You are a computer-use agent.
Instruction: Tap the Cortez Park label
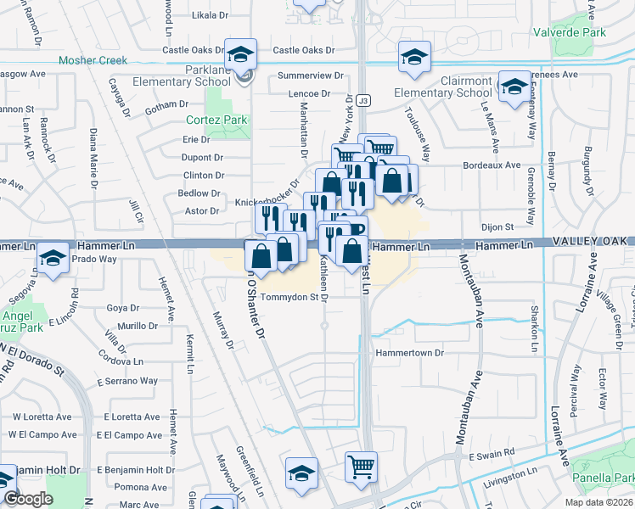(x=216, y=120)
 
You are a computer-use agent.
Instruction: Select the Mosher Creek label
(x=93, y=60)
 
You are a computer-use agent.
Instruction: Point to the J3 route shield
(x=362, y=99)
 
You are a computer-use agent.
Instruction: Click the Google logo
(x=28, y=499)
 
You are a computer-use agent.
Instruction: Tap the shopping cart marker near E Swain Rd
(x=361, y=466)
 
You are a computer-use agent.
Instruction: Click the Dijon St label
(x=497, y=227)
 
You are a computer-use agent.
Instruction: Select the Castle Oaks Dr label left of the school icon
(x=194, y=50)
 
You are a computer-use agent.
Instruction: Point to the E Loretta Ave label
(x=132, y=417)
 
